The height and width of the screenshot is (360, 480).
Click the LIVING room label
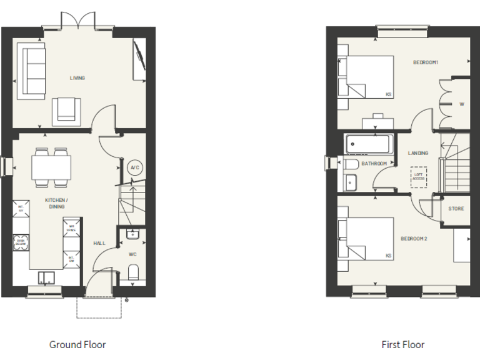click(77, 78)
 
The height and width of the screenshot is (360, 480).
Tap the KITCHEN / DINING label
click(56, 202)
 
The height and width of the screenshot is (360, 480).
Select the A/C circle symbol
click(134, 167)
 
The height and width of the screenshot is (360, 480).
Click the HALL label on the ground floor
click(100, 243)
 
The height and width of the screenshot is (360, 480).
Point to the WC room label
click(132, 254)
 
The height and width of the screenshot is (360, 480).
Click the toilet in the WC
click(132, 272)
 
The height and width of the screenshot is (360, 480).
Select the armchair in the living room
click(67, 110)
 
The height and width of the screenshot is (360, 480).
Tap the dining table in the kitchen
click(51, 167)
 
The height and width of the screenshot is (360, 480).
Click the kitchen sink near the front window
click(46, 277)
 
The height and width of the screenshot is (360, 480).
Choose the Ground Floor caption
click(77, 344)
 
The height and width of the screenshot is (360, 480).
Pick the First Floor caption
click(403, 344)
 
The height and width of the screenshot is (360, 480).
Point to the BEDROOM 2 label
click(414, 239)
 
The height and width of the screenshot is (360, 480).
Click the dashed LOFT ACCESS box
click(418, 177)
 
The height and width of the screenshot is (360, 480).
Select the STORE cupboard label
click(456, 208)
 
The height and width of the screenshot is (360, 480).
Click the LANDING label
click(418, 152)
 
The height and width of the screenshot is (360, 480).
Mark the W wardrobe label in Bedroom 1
click(462, 104)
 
